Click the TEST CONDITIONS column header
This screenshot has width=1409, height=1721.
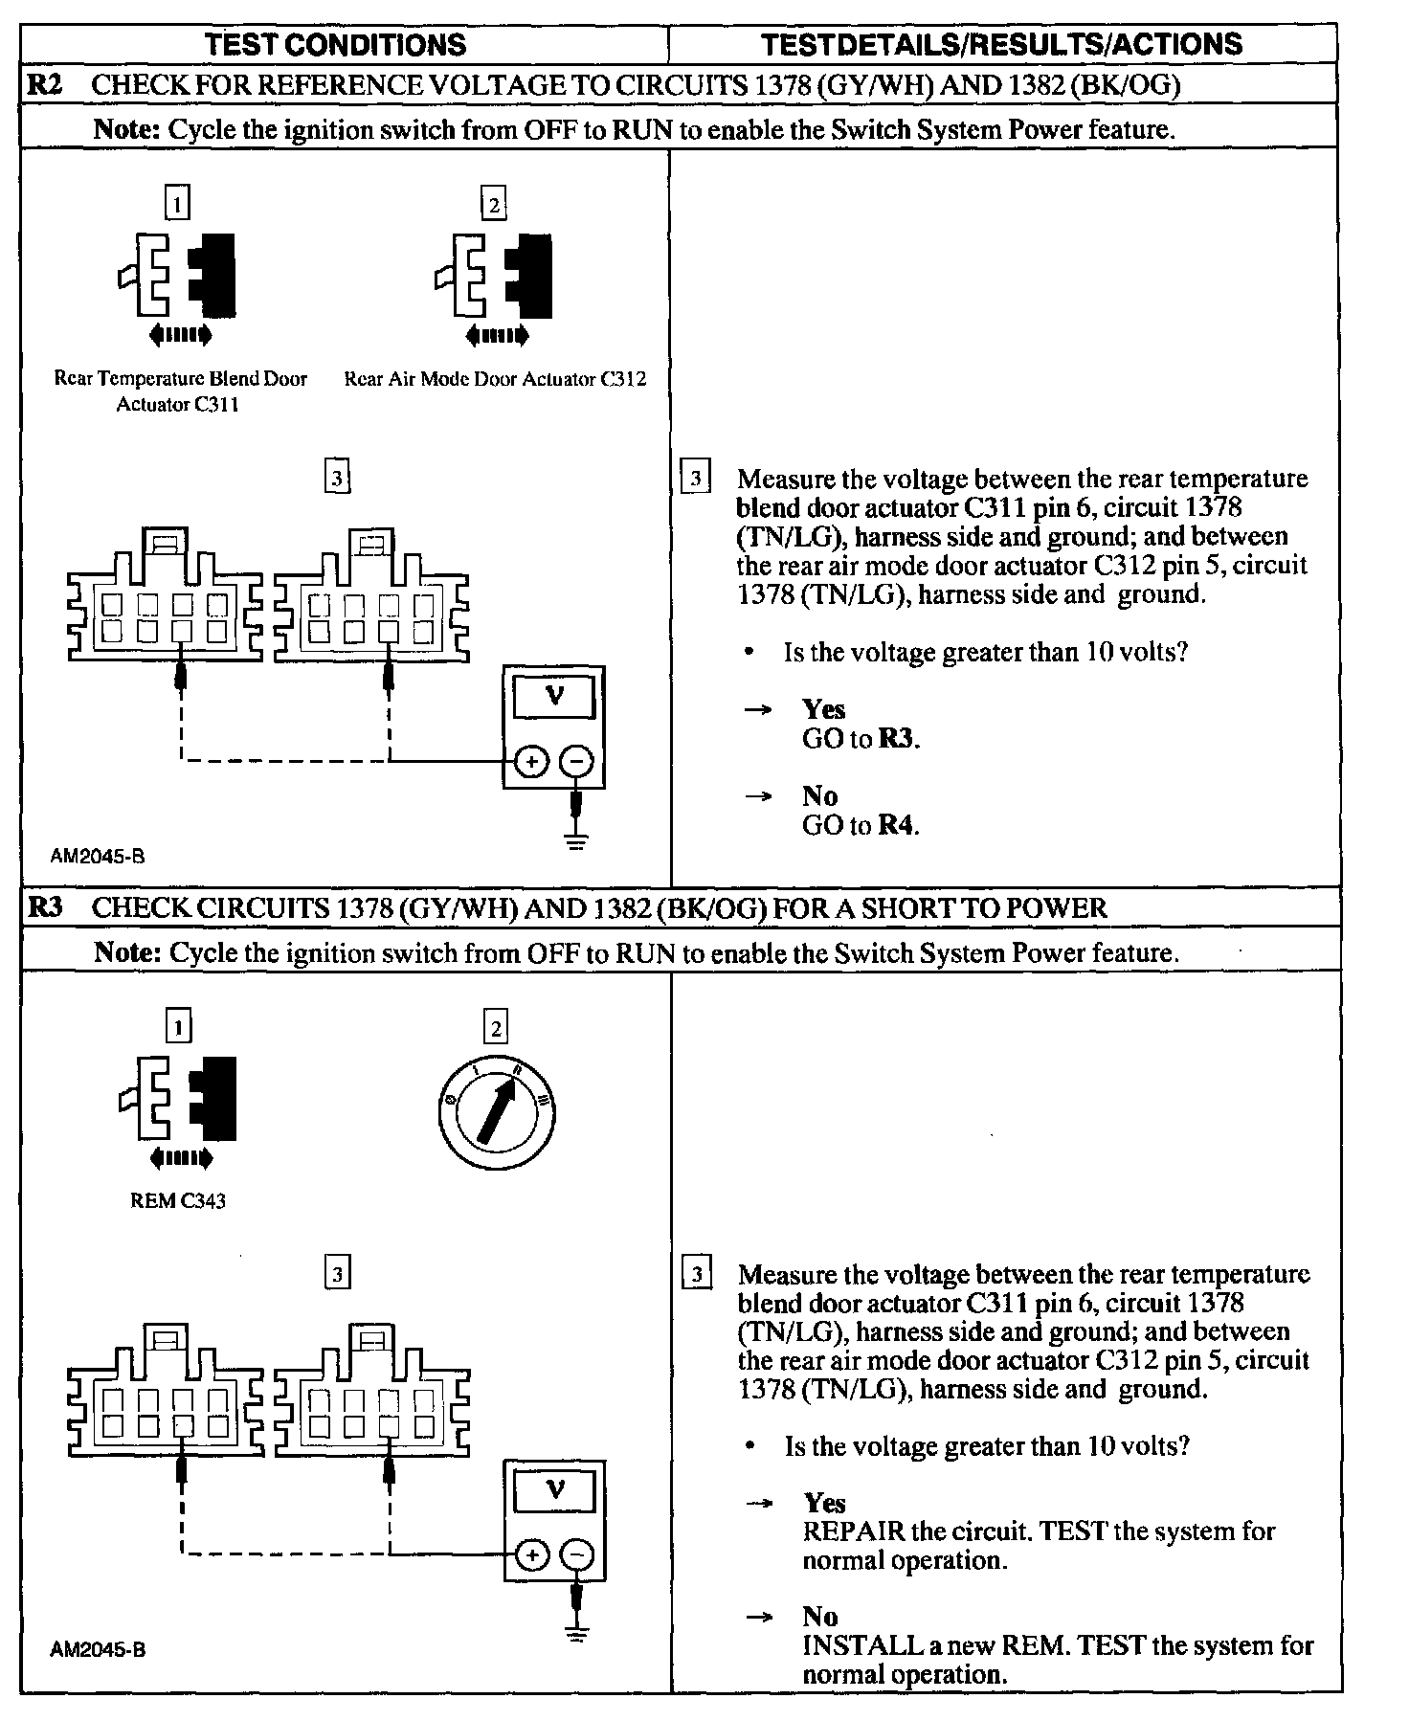point(336,44)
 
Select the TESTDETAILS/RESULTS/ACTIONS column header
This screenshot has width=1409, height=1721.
point(1001,44)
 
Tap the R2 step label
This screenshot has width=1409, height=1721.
point(45,84)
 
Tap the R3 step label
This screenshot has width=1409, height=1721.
point(45,906)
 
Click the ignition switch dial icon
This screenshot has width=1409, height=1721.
point(496,1112)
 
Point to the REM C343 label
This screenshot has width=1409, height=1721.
point(178,1200)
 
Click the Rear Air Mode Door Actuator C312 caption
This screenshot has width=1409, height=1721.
point(495,379)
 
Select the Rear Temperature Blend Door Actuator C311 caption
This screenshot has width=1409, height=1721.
point(180,391)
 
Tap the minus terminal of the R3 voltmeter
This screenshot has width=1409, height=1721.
point(576,1554)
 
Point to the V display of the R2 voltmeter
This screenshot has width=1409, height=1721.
point(554,696)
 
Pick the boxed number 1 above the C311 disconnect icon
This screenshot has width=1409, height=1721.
point(178,203)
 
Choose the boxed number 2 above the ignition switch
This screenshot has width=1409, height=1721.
point(496,1029)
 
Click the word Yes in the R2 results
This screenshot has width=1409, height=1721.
point(824,709)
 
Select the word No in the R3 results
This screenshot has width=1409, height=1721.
point(820,1617)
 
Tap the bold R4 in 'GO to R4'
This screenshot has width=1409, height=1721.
point(897,825)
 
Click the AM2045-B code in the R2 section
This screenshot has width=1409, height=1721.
point(98,857)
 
